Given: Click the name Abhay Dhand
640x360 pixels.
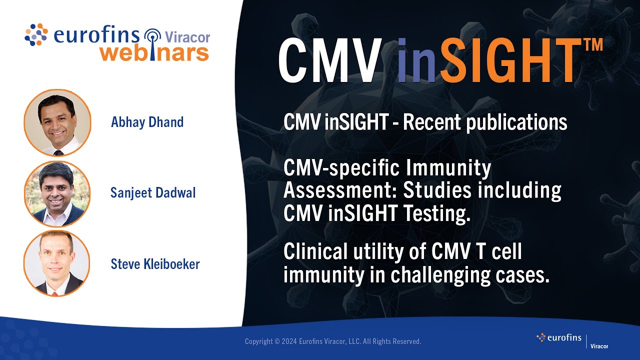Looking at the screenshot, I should pos(147,122).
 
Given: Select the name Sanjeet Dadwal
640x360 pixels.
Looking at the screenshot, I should pos(153,193).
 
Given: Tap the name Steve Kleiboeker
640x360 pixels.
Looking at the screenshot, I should pos(155,264).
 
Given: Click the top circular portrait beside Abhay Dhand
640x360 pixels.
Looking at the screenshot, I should pos(57,123).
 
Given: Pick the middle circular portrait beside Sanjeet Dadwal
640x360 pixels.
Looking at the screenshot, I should pos(57,194).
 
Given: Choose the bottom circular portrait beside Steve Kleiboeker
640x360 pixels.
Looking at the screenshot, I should pos(56,263).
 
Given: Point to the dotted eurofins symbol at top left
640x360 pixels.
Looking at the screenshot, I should pos(36,34).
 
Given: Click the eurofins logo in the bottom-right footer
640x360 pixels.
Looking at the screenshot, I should pos(559,338).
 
